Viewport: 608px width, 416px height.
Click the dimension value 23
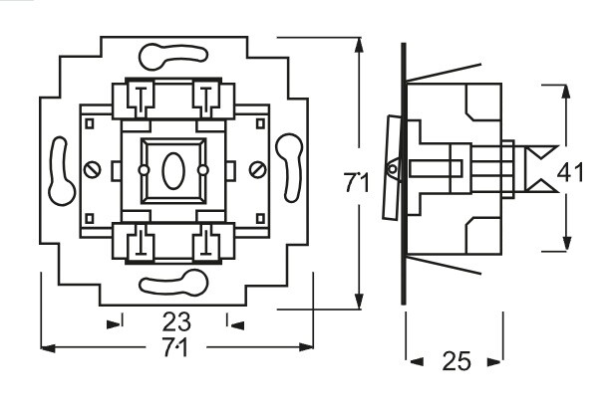click(x=174, y=321)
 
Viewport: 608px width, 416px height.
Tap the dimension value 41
click(x=570, y=172)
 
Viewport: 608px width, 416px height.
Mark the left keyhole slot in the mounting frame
click(x=57, y=168)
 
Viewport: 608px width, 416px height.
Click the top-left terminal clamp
click(x=139, y=98)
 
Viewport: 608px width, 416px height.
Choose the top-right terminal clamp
click(x=210, y=98)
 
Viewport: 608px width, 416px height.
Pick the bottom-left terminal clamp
click(x=139, y=242)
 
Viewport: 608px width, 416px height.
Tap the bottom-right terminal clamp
click(x=210, y=242)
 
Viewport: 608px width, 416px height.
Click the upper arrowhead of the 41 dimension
click(x=567, y=93)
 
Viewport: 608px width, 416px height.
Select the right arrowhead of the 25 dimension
click(x=494, y=361)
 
